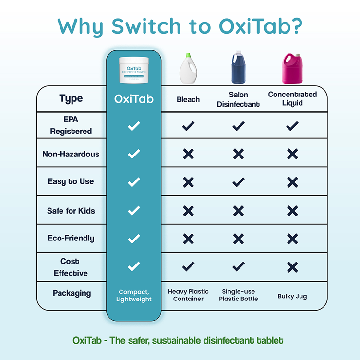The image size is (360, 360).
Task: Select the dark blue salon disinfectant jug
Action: pyautogui.click(x=238, y=69)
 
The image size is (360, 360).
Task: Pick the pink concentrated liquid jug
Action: pyautogui.click(x=292, y=69)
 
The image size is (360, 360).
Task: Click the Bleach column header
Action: pyautogui.click(x=188, y=99)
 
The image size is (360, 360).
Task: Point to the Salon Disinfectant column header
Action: pyautogui.click(x=238, y=99)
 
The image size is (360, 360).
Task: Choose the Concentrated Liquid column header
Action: pyautogui.click(x=292, y=98)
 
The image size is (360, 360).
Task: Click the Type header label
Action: pyautogui.click(x=71, y=98)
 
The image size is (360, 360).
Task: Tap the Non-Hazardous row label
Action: pyautogui.click(x=71, y=154)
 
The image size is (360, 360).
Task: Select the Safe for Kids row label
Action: pyautogui.click(x=71, y=210)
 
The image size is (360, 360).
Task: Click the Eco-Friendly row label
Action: pyautogui.click(x=71, y=238)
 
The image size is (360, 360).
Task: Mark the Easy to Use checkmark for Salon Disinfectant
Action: pyautogui.click(x=238, y=182)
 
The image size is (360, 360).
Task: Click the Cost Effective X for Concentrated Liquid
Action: pyautogui.click(x=292, y=267)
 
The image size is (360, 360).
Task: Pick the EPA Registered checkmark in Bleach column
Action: pyautogui.click(x=188, y=126)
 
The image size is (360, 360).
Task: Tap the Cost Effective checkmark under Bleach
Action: pyautogui.click(x=188, y=266)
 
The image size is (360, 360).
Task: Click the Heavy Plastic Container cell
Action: pyautogui.click(x=188, y=295)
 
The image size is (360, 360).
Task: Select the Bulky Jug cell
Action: pyautogui.click(x=292, y=296)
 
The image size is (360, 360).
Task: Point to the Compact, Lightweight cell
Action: pyautogui.click(x=134, y=295)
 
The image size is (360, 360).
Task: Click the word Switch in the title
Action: pyautogui.click(x=144, y=26)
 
